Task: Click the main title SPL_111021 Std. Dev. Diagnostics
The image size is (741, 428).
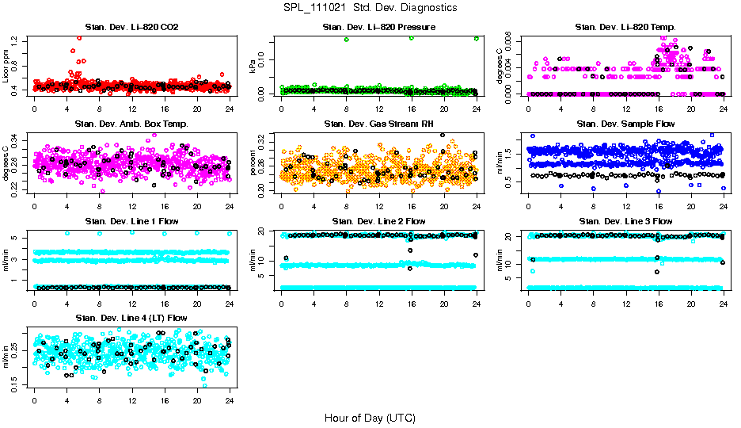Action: (x=370, y=8)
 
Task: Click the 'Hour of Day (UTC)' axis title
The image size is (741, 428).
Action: (x=370, y=417)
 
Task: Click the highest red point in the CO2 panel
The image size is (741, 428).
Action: (x=78, y=38)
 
